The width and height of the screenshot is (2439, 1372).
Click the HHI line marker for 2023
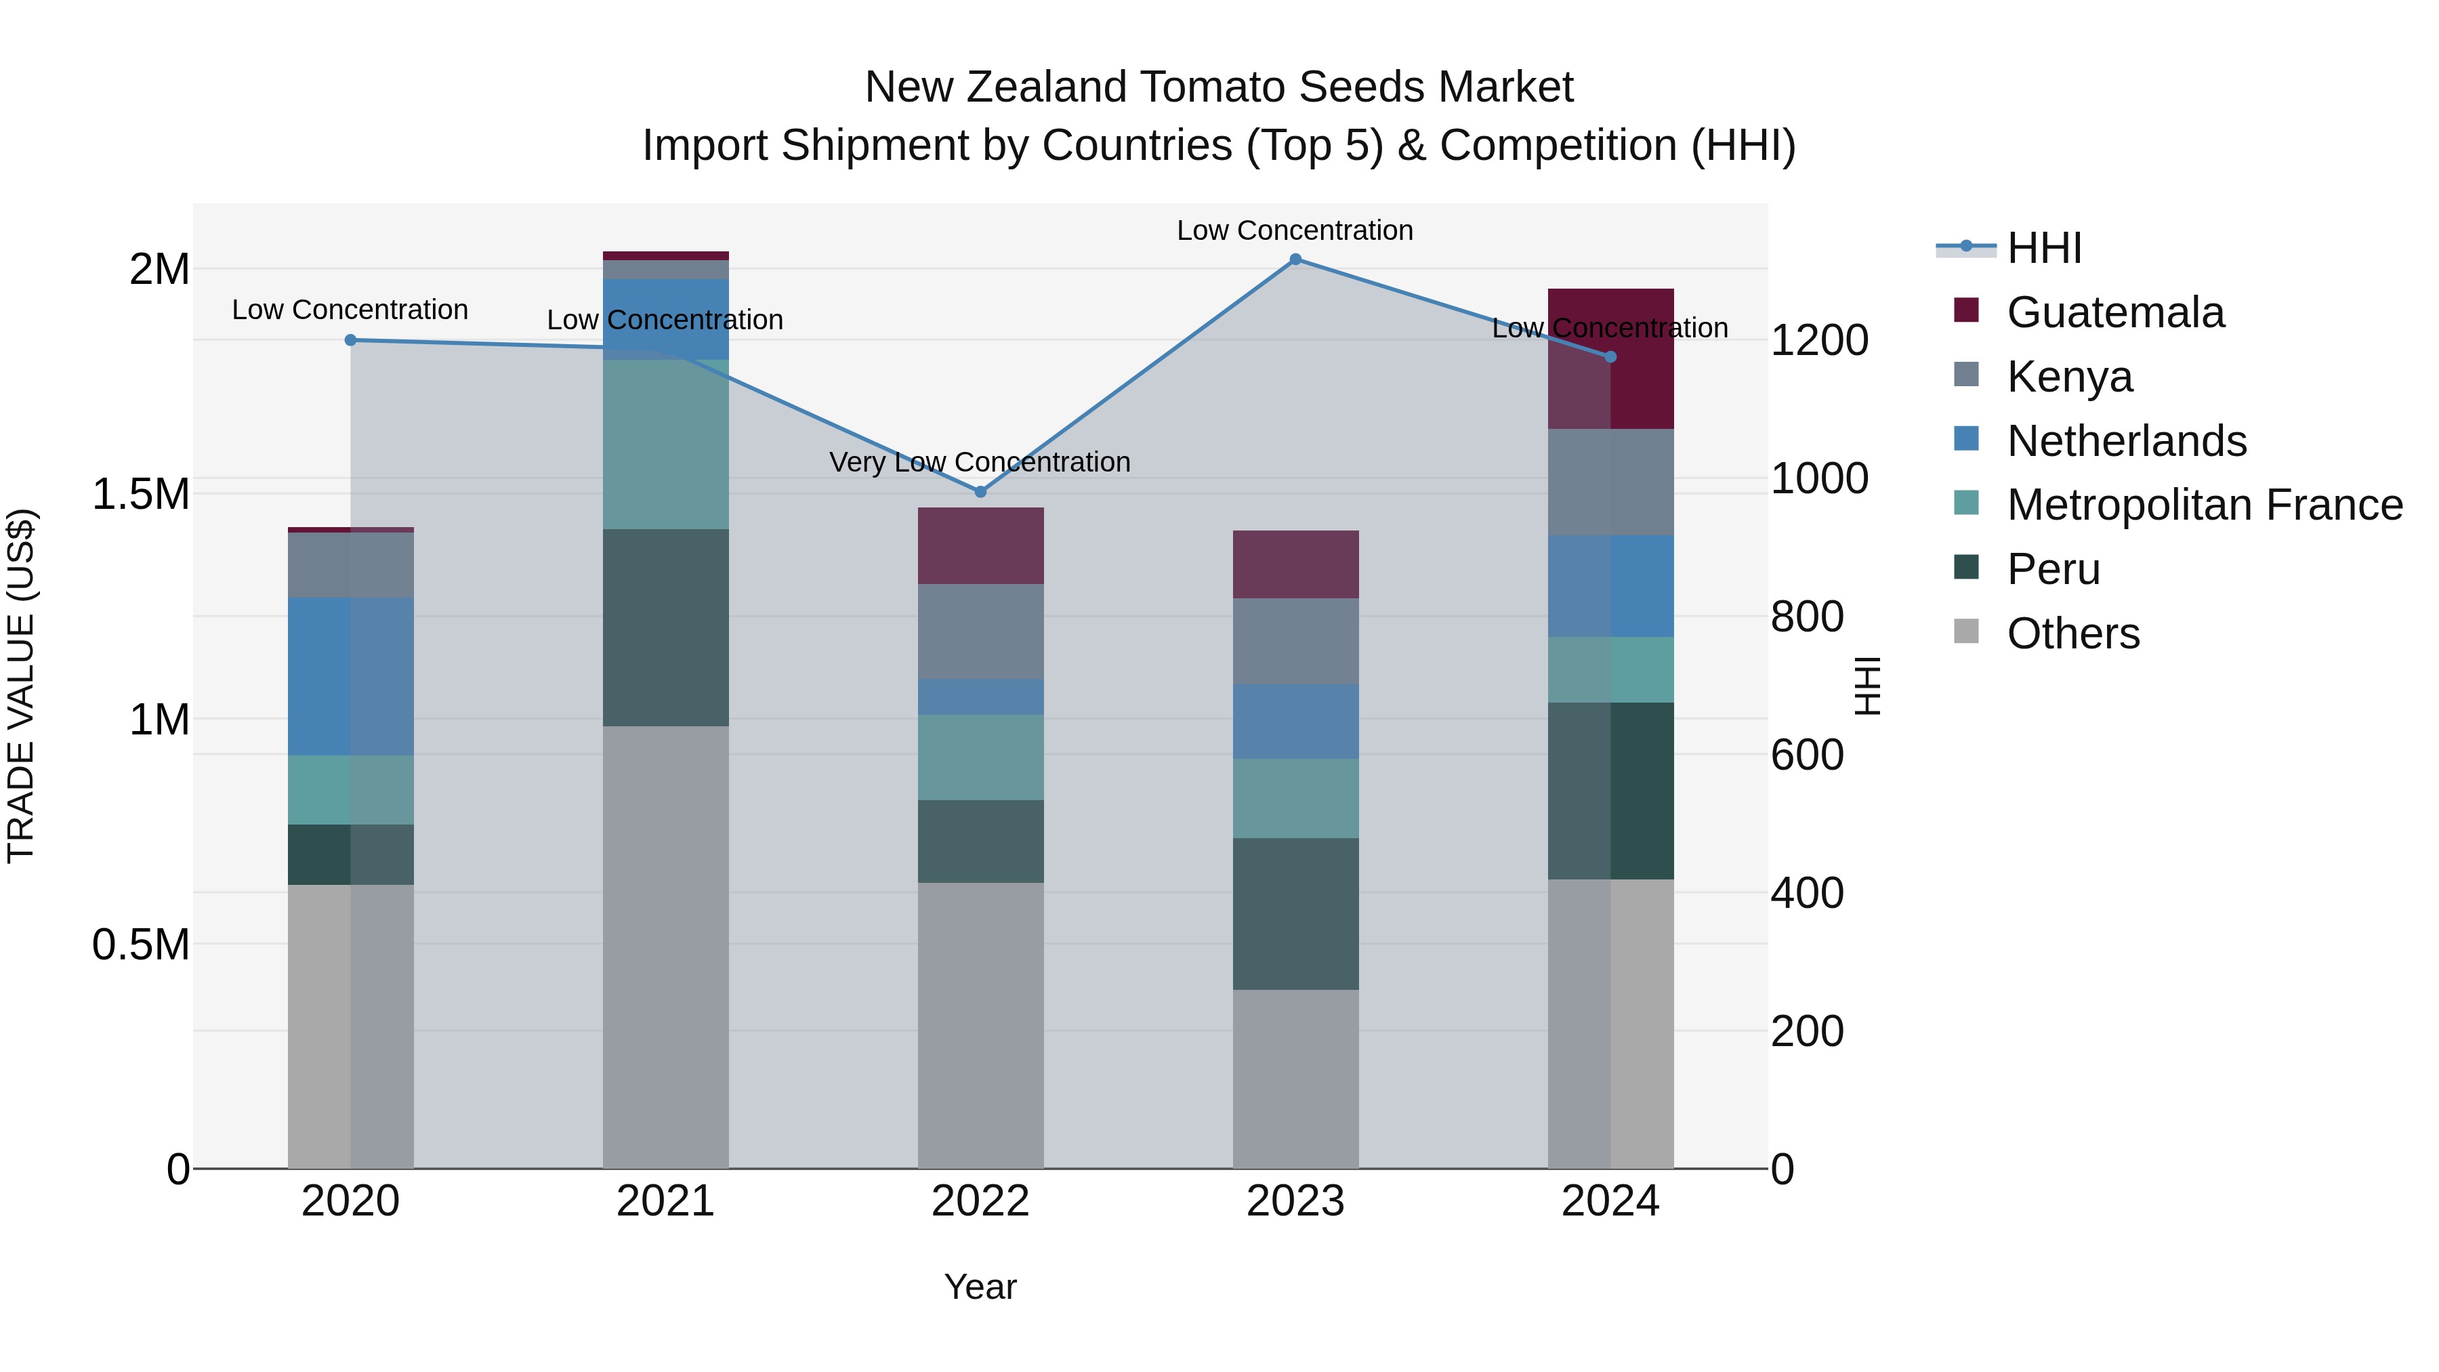tap(1295, 259)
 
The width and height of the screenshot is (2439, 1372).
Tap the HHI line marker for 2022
tap(980, 491)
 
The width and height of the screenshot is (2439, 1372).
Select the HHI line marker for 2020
tap(350, 340)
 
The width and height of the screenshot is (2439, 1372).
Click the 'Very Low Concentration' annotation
tap(979, 462)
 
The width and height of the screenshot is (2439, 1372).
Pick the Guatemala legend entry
tap(2114, 312)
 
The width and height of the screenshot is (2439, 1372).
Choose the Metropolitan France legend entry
tap(2204, 505)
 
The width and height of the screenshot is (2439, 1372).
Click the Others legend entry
tap(2072, 633)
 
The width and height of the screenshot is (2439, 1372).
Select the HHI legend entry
tap(2043, 248)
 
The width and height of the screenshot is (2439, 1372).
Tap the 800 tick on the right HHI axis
tap(1806, 617)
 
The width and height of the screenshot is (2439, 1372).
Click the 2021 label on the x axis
tap(665, 1201)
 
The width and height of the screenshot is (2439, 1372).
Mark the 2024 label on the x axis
tap(1610, 1201)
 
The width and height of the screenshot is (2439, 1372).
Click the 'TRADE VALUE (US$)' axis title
tap(21, 686)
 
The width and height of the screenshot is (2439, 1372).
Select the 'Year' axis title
tap(980, 1287)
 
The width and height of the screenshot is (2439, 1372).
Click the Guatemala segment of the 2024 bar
tap(1610, 359)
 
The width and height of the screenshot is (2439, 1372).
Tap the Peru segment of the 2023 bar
tap(1295, 914)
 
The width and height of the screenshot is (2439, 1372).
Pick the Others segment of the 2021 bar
tap(665, 947)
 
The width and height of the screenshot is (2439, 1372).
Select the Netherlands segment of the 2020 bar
tap(350, 676)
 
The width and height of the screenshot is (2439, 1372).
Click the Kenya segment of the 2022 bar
tap(980, 631)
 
